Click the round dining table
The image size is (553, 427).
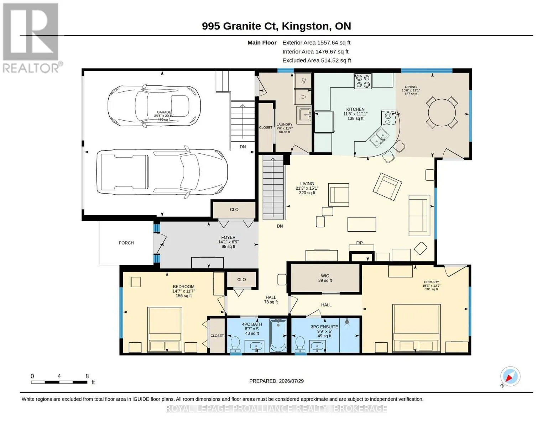(x=442, y=112)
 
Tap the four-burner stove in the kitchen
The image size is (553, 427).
(x=363, y=81)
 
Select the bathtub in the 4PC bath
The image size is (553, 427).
(x=278, y=336)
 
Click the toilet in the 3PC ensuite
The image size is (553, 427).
(x=300, y=344)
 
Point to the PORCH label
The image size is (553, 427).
(x=126, y=243)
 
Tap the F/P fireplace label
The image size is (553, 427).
(x=359, y=243)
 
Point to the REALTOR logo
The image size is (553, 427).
(x=31, y=38)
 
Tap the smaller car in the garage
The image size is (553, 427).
(x=154, y=106)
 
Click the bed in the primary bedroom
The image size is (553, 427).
(x=416, y=328)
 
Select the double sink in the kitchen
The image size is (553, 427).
(x=379, y=138)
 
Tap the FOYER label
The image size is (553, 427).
(x=228, y=237)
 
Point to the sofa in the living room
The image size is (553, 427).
(x=419, y=215)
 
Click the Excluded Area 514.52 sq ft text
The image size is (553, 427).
(x=317, y=60)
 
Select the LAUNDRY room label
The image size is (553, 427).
(x=284, y=125)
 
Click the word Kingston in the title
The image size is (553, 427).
(x=306, y=26)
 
